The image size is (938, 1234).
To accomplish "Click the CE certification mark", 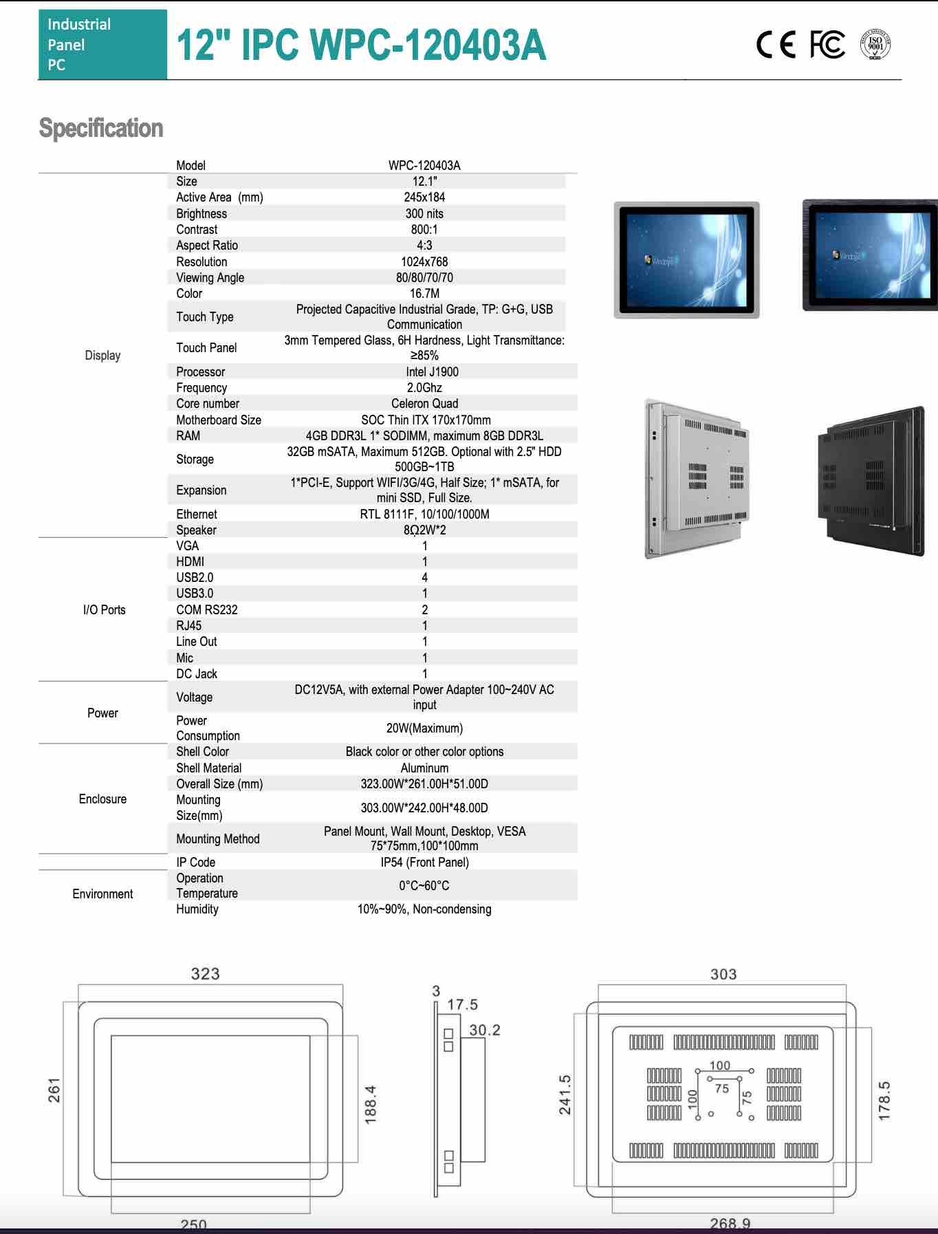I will click(776, 45).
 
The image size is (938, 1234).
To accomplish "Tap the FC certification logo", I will click(827, 45).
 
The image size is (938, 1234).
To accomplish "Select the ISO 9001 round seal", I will click(875, 45).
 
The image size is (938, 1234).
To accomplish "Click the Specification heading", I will click(101, 129).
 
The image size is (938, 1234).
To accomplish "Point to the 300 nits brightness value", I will click(424, 214).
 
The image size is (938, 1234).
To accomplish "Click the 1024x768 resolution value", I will click(424, 262).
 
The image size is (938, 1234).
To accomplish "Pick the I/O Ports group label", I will click(104, 610).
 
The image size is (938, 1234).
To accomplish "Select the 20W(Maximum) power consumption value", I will click(424, 728).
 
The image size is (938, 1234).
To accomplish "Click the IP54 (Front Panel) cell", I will click(424, 863).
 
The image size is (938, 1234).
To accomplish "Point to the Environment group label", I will click(102, 894).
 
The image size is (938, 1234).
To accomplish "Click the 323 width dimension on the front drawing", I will click(205, 974).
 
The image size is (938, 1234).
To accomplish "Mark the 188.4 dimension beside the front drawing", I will click(370, 1105).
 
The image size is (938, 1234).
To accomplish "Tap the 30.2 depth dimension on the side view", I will click(485, 1030).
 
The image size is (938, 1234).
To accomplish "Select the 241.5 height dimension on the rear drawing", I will click(565, 1095).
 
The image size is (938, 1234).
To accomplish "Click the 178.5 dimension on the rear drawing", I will click(884, 1101).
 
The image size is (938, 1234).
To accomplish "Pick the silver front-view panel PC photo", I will click(686, 260).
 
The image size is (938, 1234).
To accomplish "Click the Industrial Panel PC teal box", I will click(102, 45).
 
